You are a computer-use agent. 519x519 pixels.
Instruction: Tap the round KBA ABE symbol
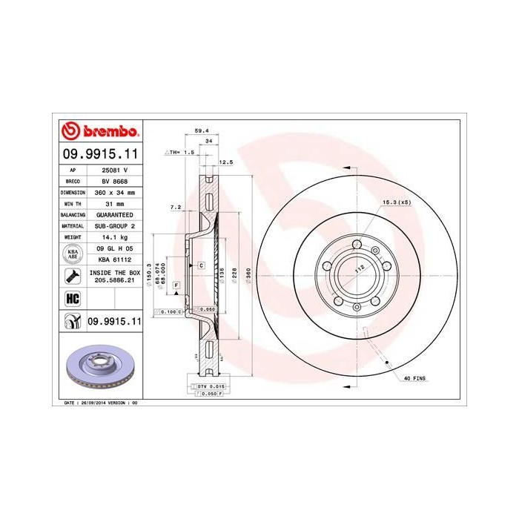73,254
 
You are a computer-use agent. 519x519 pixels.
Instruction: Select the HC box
73,298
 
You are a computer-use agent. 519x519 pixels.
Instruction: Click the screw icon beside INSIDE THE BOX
73,277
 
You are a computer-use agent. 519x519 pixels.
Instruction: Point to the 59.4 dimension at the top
200,130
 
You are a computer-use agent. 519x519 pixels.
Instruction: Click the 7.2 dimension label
176,207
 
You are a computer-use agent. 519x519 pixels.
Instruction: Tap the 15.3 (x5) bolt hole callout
397,202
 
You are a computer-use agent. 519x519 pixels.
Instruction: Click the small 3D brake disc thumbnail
99,368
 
